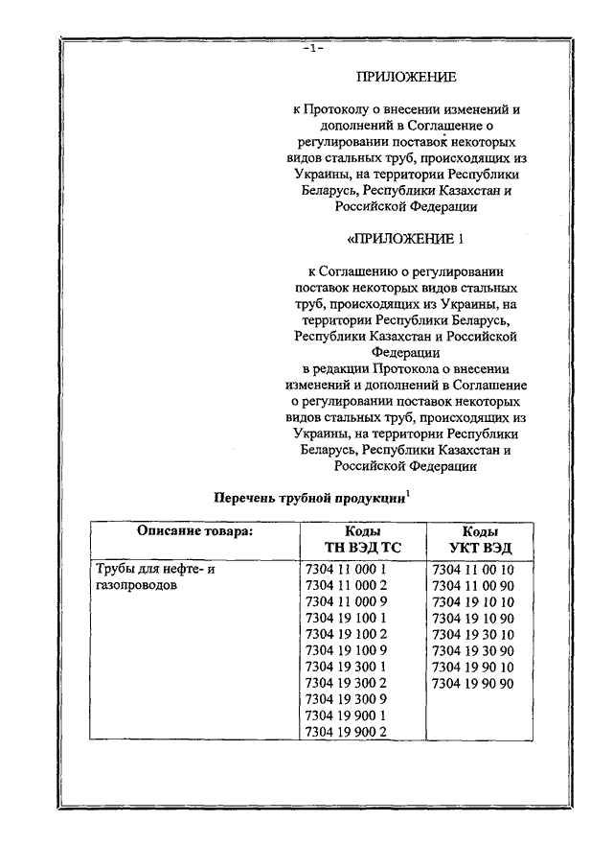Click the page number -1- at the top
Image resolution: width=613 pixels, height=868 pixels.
pyautogui.click(x=312, y=48)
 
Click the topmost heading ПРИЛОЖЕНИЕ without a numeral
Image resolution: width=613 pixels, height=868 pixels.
pyautogui.click(x=406, y=76)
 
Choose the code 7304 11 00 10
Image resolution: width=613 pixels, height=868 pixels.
pyautogui.click(x=474, y=569)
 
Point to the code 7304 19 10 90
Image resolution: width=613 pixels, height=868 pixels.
pyautogui.click(x=474, y=618)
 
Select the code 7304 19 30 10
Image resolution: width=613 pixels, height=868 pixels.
pyautogui.click(x=474, y=634)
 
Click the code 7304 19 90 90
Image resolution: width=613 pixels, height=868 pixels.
pyautogui.click(x=474, y=683)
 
